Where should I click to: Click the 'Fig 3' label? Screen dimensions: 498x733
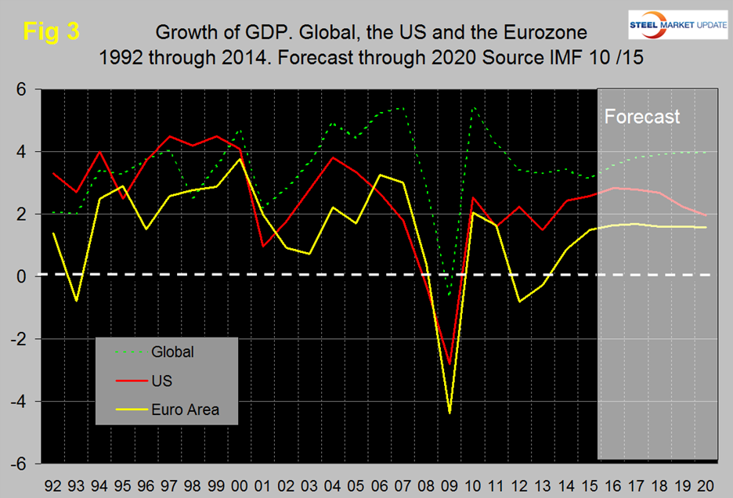click(x=51, y=32)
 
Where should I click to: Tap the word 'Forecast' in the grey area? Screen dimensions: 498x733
click(x=642, y=117)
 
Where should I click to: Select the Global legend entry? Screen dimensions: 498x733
click(x=173, y=352)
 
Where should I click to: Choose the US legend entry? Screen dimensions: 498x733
click(x=160, y=381)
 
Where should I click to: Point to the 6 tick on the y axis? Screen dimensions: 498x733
click(x=23, y=89)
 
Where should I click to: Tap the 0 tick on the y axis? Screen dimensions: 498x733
click(x=23, y=276)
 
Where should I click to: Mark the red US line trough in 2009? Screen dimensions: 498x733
click(x=450, y=365)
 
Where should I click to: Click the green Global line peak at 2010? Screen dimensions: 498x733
click(x=474, y=107)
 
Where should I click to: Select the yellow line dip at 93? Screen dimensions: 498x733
click(x=76, y=301)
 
